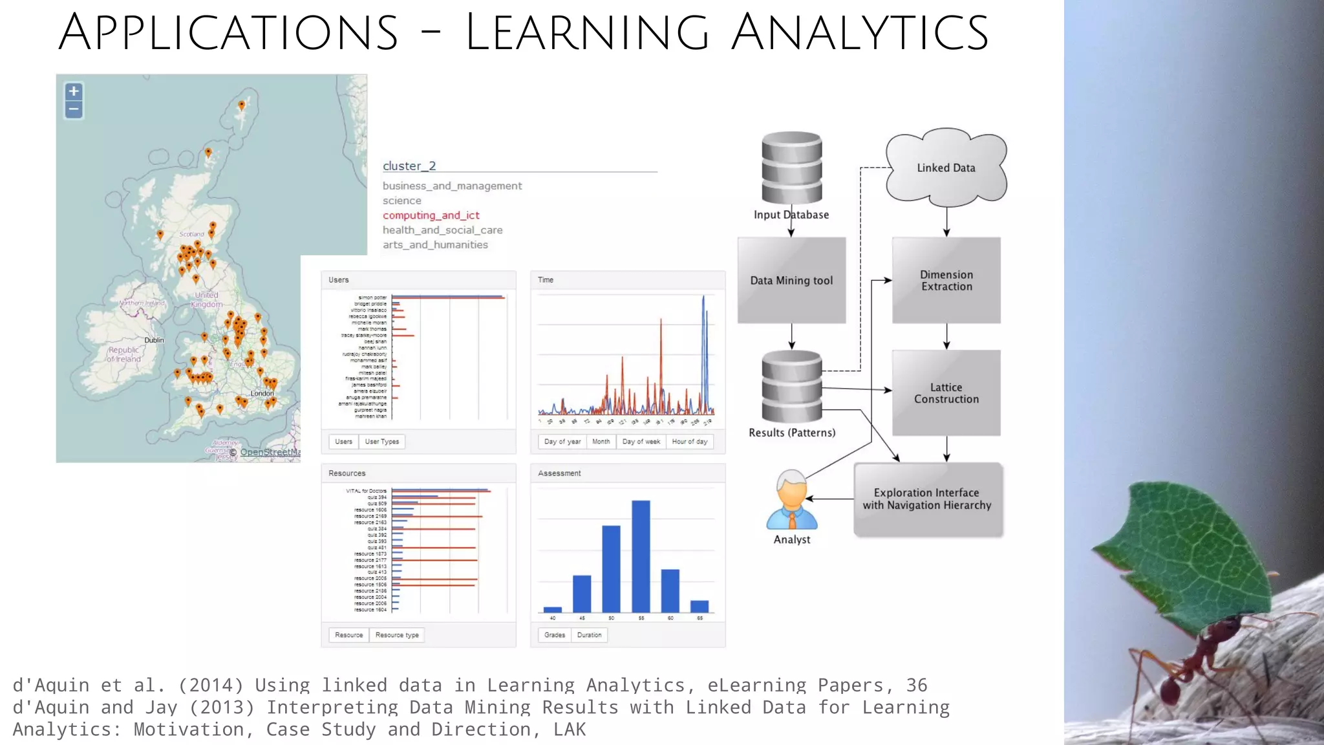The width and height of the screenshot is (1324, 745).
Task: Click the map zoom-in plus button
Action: (74, 91)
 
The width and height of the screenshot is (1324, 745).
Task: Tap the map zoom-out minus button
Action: (74, 109)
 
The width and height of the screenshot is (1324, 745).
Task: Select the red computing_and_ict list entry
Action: (431, 215)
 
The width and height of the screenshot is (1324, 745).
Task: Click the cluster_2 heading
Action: (409, 166)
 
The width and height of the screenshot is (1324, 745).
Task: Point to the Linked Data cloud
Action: (946, 167)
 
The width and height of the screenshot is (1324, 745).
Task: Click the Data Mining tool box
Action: (791, 280)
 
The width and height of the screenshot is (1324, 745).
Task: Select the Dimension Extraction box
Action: (946, 280)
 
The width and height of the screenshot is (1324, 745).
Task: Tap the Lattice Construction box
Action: (946, 393)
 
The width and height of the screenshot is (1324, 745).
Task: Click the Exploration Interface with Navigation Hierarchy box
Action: (927, 499)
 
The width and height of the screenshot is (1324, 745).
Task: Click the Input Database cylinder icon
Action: (791, 167)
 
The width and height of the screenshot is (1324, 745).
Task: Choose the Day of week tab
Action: (641, 442)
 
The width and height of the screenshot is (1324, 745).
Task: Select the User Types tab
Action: (381, 442)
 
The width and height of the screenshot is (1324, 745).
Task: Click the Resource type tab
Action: (397, 635)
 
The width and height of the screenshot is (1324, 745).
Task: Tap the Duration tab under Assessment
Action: (589, 635)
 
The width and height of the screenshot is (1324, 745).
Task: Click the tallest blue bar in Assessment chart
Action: (641, 556)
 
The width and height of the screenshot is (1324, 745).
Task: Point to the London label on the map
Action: (262, 393)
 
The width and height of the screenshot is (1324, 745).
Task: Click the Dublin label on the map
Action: (154, 340)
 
